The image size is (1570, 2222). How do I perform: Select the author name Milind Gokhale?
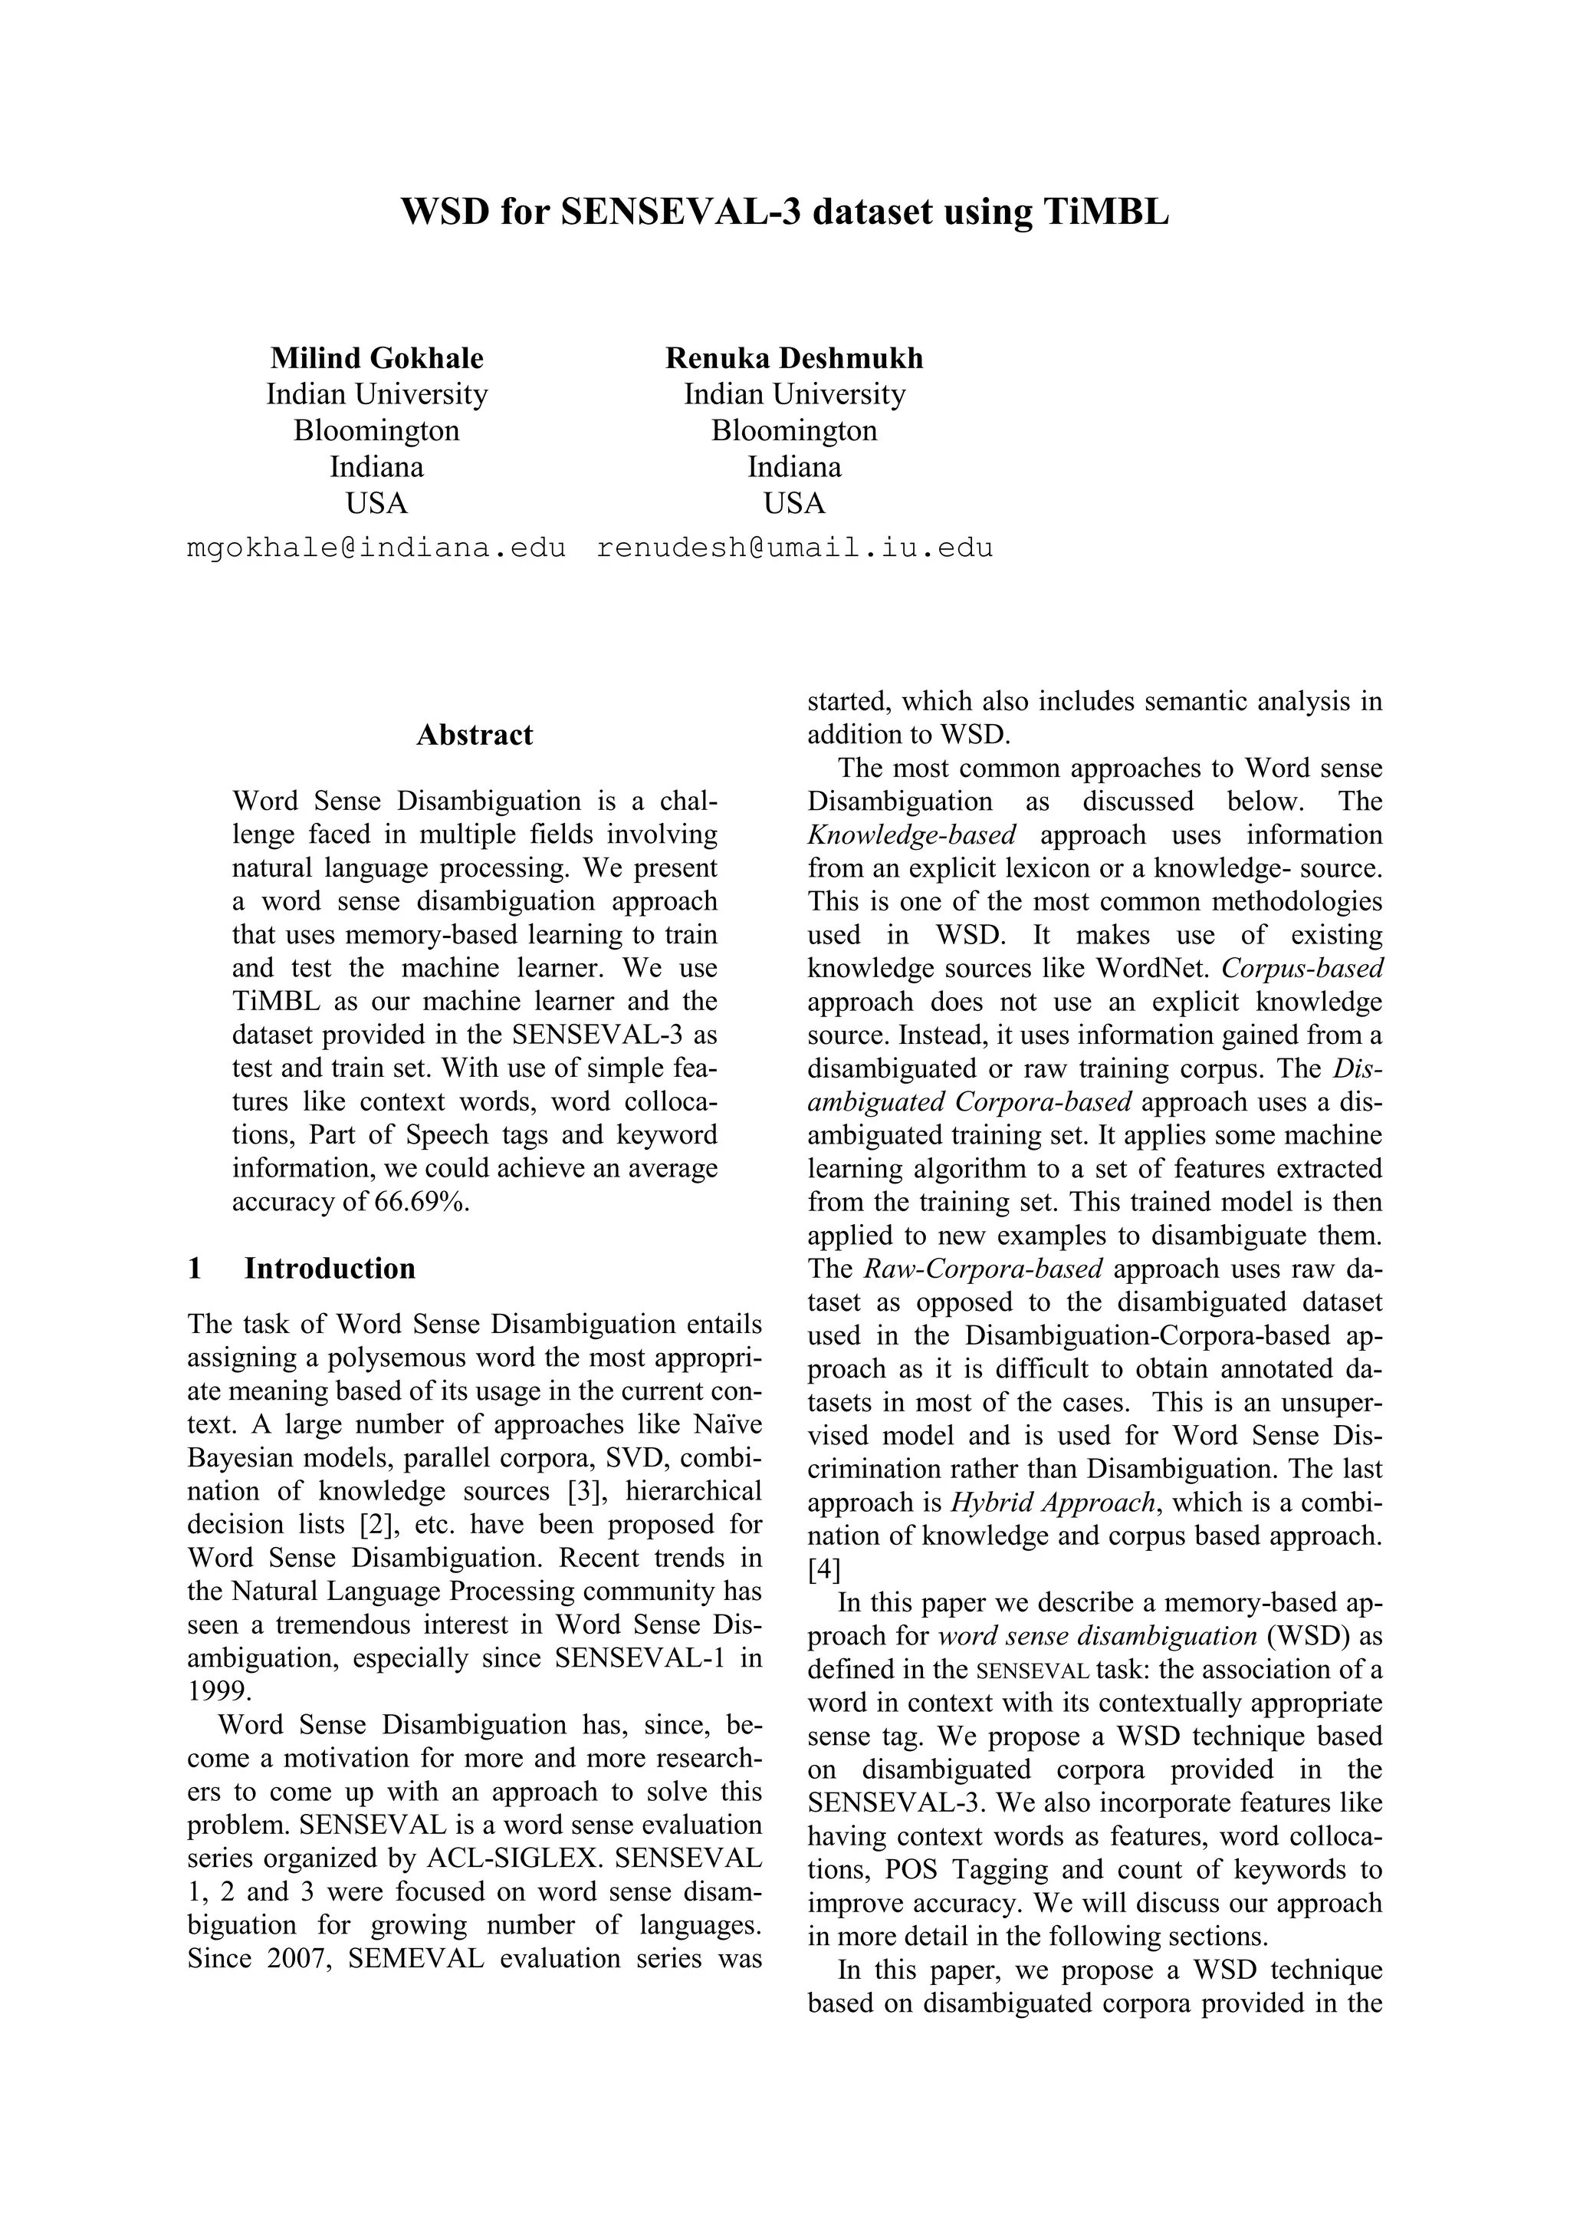[x=376, y=358]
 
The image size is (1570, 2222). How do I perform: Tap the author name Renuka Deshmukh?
[x=793, y=358]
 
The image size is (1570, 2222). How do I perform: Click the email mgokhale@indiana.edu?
[x=376, y=548]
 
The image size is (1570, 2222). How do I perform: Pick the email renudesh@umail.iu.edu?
[x=794, y=548]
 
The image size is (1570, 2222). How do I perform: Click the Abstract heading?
[x=474, y=735]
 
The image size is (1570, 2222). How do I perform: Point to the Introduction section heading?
[x=329, y=1268]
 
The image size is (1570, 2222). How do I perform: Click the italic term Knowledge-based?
[x=911, y=834]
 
